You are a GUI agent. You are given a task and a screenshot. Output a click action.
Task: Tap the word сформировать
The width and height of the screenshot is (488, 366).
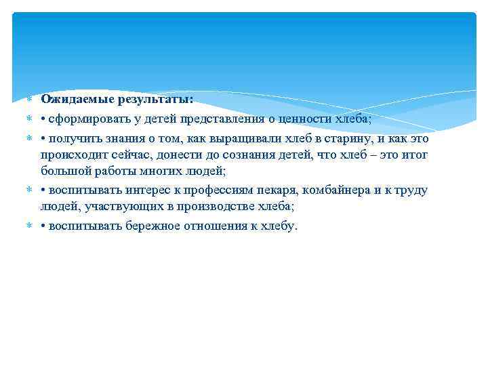point(86,119)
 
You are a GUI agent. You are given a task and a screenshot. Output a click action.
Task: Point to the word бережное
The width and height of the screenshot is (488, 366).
point(156,226)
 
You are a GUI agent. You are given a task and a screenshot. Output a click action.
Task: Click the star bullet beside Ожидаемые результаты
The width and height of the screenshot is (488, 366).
point(30,100)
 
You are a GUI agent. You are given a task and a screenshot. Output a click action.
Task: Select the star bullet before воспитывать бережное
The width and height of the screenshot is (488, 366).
point(30,226)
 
